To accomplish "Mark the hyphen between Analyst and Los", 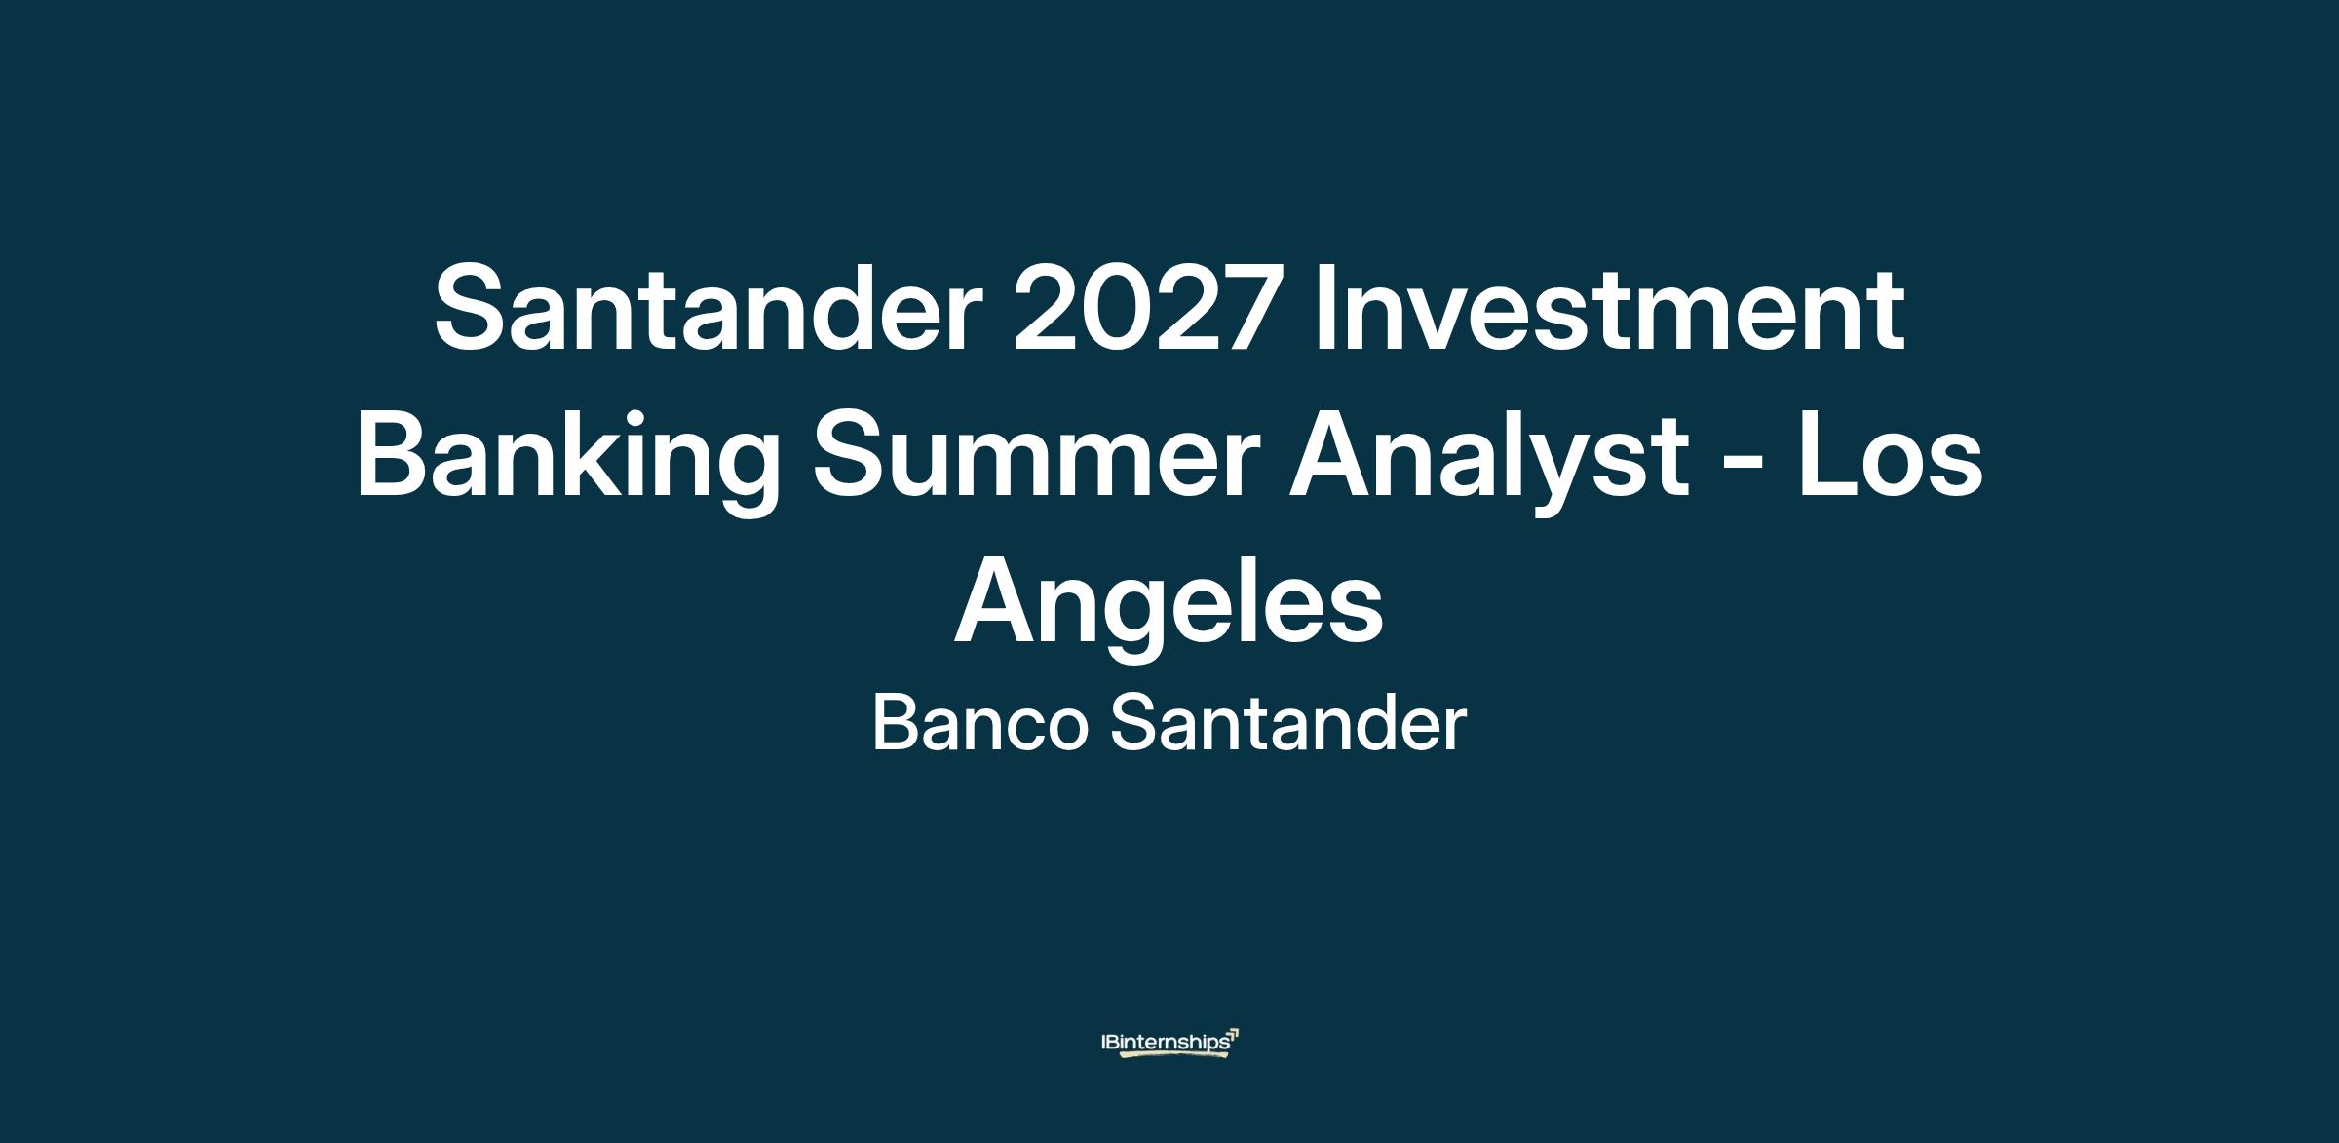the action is click(x=1745, y=467).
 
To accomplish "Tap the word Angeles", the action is click(x=1169, y=609).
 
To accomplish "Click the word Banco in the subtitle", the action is click(x=979, y=724).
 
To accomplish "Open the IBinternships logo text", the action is click(x=1165, y=1042).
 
